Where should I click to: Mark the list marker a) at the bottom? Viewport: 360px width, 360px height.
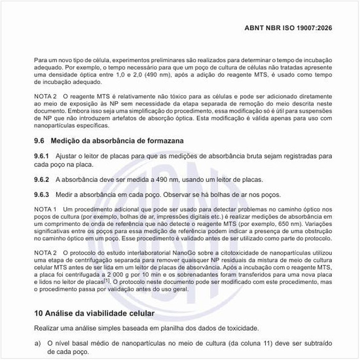click(37, 343)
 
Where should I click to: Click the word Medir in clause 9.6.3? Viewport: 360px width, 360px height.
click(63, 194)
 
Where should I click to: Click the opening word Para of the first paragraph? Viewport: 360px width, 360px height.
click(41, 60)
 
